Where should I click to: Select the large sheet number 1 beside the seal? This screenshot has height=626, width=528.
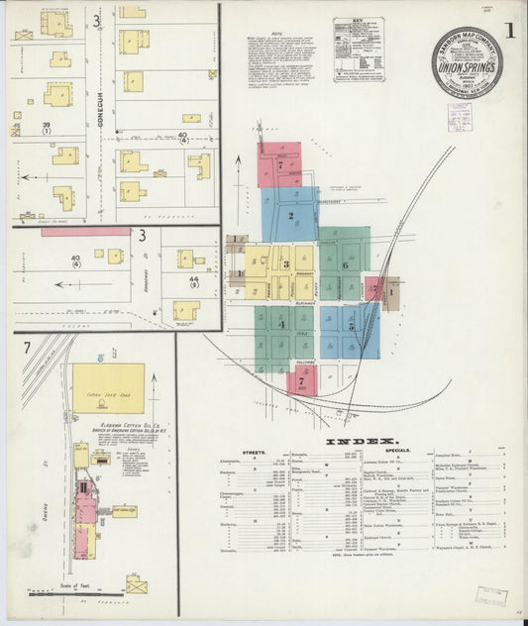click(508, 31)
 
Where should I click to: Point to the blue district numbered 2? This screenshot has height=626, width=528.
click(290, 215)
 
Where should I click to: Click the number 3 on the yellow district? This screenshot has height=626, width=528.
click(285, 264)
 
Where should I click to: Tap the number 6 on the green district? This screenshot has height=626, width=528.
click(345, 264)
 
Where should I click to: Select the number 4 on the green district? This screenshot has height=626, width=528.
click(281, 323)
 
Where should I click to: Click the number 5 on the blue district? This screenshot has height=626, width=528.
click(350, 324)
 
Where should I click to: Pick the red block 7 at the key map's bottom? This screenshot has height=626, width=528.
click(301, 381)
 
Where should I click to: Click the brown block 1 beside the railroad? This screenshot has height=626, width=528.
click(391, 293)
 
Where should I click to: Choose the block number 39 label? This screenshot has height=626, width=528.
click(46, 125)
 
